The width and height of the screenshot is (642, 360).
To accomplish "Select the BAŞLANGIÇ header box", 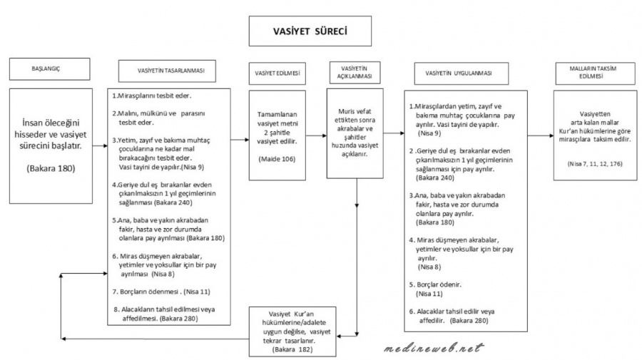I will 50,71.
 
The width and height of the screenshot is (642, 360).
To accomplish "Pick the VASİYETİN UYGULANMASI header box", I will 463,73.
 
